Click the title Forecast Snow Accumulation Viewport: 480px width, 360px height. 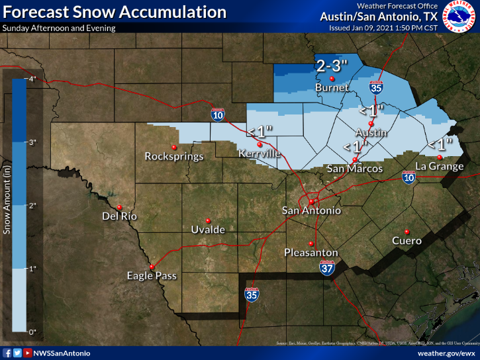point(114,12)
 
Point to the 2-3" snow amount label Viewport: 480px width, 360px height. point(331,66)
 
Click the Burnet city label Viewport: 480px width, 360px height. point(332,87)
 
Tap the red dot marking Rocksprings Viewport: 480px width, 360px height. point(174,146)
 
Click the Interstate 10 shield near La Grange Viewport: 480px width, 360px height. point(408,177)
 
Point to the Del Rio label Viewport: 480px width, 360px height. point(119,216)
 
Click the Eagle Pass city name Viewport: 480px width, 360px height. point(152,276)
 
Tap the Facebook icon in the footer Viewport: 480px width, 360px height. point(7,353)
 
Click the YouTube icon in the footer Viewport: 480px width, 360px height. point(27,353)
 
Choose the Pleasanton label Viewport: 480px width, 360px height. point(311,253)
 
